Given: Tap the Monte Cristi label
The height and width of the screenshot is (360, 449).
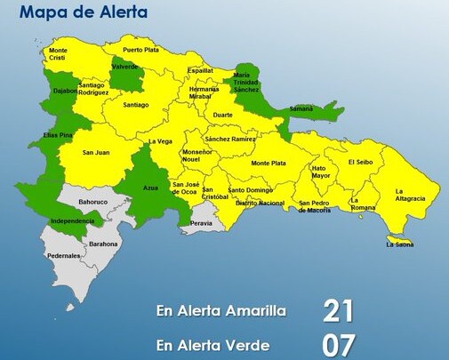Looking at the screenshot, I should pos(58,54).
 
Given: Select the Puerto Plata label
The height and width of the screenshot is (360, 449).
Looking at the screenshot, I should pos(140,50).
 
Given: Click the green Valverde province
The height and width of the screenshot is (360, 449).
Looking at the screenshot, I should pos(127,75).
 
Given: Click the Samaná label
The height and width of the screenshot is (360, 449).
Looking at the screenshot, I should pos(301,108).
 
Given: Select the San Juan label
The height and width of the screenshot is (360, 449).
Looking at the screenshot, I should pos(95,153).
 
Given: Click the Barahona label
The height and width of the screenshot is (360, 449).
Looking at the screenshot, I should pos(103,243).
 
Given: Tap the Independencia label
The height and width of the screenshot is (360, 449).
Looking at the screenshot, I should pos(73,220).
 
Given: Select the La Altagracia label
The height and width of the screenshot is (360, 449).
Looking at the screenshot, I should pos(412,195).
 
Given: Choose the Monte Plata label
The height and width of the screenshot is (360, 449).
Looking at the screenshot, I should pos(268,163).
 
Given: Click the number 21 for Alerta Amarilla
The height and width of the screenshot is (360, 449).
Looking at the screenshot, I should pos(339,311).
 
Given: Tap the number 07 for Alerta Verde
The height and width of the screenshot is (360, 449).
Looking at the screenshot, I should pos(339,344).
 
